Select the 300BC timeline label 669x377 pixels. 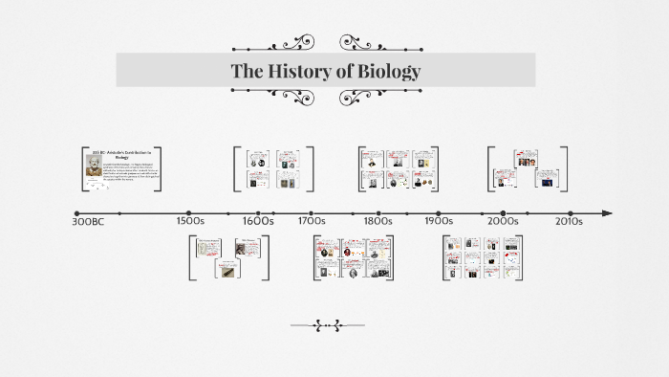click(91, 221)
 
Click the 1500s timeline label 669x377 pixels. click(191, 221)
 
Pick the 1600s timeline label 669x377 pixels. click(258, 221)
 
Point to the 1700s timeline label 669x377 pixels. click(312, 221)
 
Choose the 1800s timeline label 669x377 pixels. click(378, 221)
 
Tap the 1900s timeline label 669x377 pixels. click(438, 221)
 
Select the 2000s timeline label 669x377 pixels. click(503, 221)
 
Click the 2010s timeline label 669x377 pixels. click(570, 221)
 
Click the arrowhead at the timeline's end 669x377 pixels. click(607, 213)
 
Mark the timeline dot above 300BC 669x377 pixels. click(77, 213)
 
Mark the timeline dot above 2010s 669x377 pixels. click(571, 213)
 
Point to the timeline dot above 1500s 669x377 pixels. click(189, 213)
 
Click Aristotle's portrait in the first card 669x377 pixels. click(94, 169)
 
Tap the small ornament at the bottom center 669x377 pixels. click(328, 325)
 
